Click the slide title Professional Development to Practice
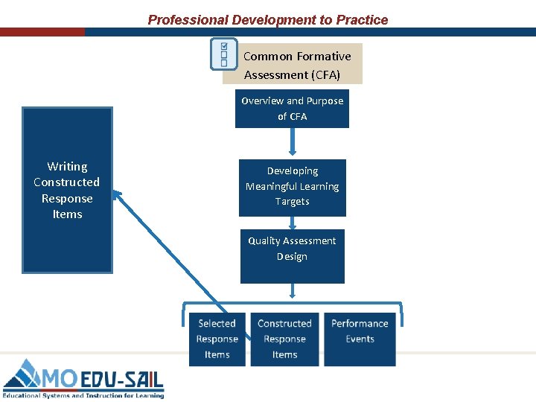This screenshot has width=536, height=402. [x=268, y=20]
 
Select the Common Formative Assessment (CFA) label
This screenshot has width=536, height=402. [x=296, y=66]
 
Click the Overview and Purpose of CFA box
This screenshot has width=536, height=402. [x=292, y=109]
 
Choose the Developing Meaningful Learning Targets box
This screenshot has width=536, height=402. [x=292, y=187]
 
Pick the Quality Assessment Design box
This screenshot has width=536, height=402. [x=292, y=255]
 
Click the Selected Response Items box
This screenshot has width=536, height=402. [x=217, y=339]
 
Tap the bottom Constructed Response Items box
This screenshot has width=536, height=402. [x=284, y=339]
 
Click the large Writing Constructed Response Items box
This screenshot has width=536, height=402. [x=67, y=190]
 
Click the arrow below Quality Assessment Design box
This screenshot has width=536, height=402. [x=292, y=291]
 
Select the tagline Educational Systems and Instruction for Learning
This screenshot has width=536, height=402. [x=83, y=395]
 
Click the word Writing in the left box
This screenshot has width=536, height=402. [x=67, y=167]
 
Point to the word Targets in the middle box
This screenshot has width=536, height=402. [x=292, y=202]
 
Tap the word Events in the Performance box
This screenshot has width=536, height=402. [x=360, y=339]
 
